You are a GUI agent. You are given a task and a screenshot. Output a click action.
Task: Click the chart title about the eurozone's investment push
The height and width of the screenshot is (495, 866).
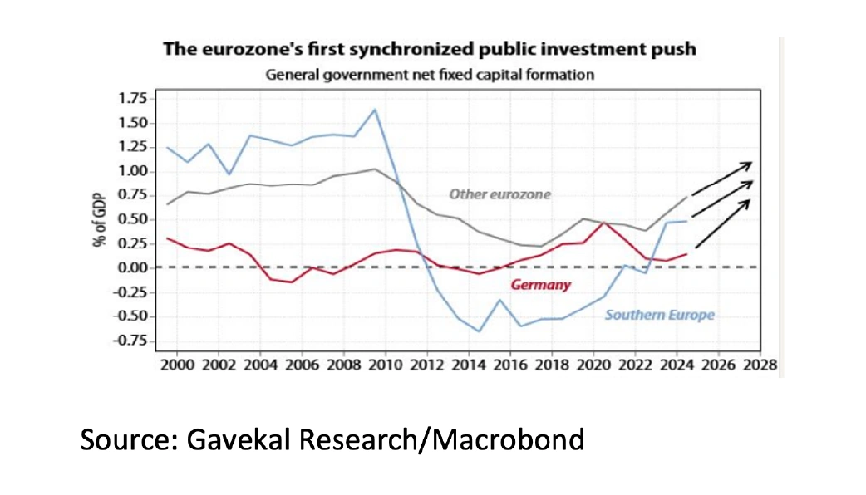point(430,49)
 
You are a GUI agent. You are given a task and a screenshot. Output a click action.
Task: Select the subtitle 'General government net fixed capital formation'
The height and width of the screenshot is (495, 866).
point(429,75)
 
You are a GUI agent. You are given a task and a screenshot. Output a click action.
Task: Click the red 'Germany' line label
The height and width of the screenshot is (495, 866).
point(540,285)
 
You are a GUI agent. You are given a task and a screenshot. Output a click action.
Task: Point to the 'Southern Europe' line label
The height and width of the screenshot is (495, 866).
point(660,316)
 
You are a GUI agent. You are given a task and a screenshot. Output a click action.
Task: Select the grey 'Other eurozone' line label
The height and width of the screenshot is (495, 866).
point(500,194)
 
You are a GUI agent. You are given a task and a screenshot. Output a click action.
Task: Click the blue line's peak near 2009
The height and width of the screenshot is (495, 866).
point(376,110)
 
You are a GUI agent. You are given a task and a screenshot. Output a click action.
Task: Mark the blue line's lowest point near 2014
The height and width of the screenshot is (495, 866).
point(479,331)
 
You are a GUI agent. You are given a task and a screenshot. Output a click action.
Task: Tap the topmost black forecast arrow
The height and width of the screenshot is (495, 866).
point(722,176)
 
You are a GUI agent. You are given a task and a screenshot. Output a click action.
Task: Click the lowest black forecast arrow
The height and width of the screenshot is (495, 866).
point(722,224)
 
